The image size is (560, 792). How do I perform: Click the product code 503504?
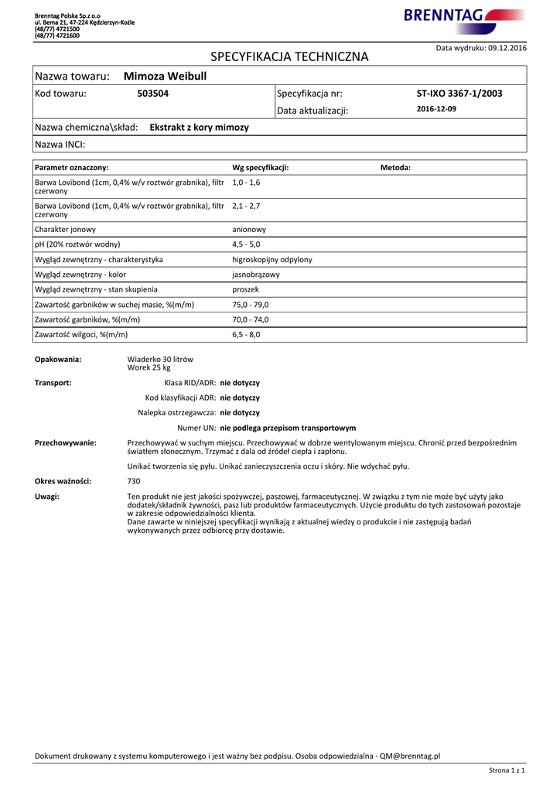coord(152,94)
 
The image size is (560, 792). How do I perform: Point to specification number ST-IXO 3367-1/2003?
coord(459,94)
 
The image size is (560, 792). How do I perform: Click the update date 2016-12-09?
coord(436,110)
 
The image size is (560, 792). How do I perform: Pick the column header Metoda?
coord(395,168)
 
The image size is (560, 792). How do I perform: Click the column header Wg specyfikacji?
coord(260,168)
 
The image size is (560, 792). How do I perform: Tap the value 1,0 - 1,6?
coord(246,182)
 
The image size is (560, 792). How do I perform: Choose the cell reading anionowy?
coord(249,230)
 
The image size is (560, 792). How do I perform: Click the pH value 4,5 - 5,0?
coord(246,244)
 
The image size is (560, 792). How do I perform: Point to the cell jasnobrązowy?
coord(256,275)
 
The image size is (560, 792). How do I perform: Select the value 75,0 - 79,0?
coord(251,305)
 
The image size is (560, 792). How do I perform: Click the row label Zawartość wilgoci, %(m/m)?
coord(81,335)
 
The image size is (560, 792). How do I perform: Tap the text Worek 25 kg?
coord(149,368)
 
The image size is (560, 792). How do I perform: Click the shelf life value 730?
coord(134,481)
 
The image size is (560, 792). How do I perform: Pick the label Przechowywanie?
coord(66,442)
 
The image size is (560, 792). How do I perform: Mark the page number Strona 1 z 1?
coord(507,770)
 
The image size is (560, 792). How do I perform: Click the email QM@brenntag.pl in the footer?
coord(409,756)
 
